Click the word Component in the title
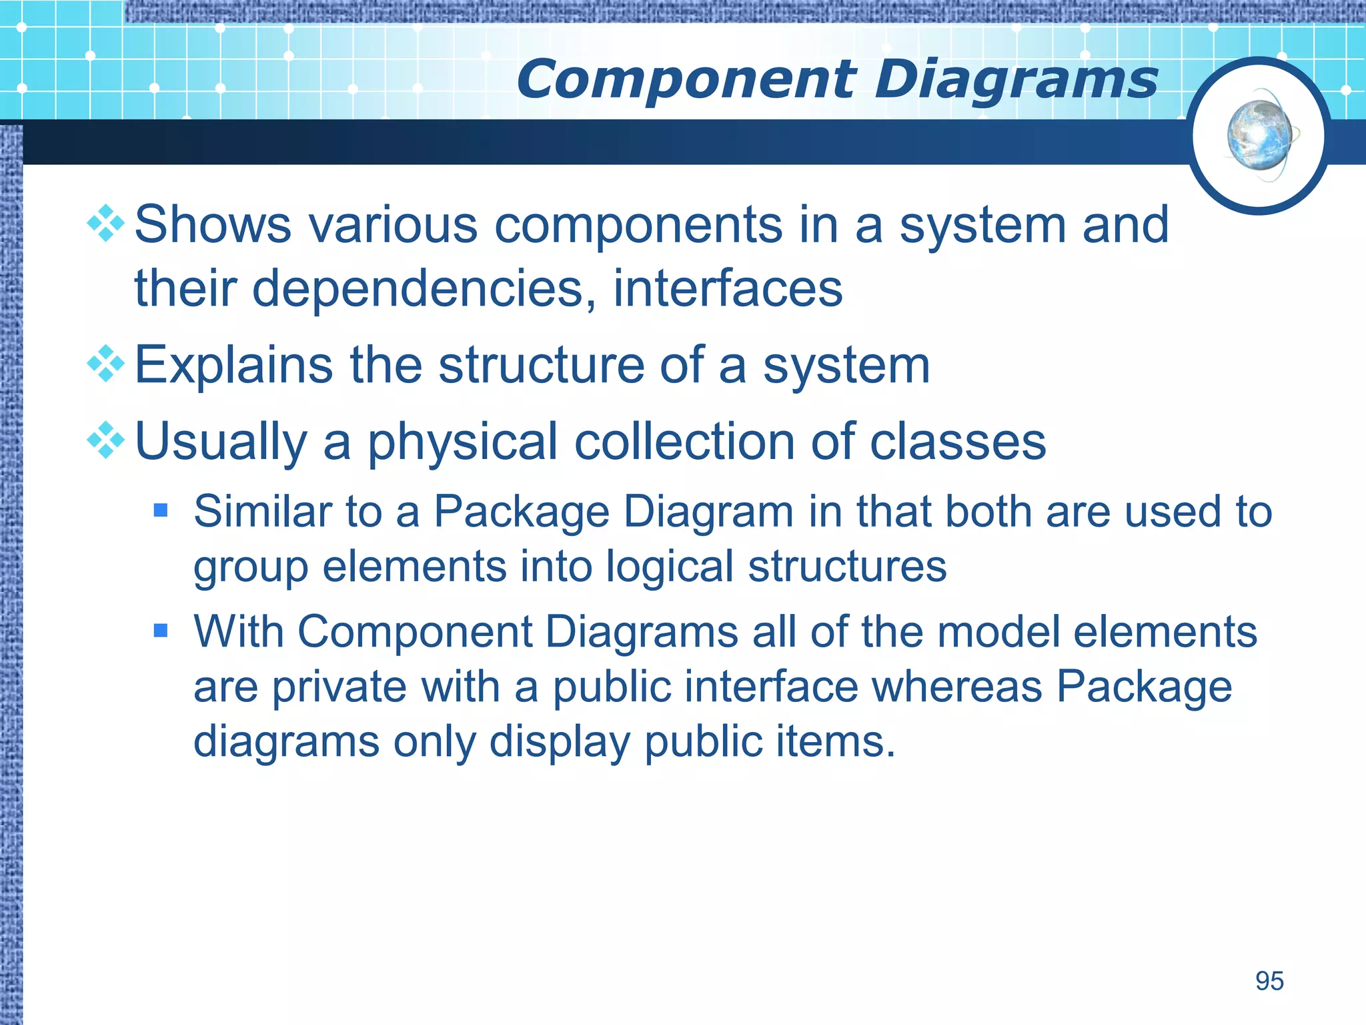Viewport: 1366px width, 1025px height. coord(686,80)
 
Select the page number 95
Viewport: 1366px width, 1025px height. coord(1269,981)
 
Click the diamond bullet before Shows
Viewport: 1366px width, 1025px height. coord(106,224)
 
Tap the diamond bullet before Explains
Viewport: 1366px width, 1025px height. coord(106,364)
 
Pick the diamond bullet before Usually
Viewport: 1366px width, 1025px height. coord(106,440)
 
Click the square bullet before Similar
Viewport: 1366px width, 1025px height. coord(160,511)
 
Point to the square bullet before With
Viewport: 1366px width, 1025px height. coord(160,631)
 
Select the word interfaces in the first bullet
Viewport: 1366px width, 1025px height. coord(728,288)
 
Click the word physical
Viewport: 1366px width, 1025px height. coord(462,442)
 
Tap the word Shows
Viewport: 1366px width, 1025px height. coord(213,225)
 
